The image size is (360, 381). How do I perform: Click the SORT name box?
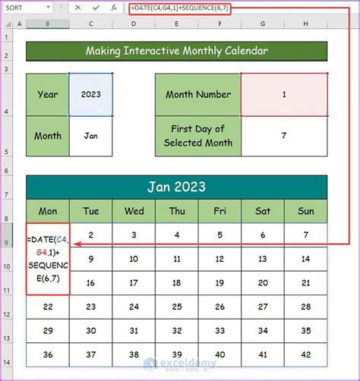pyautogui.click(x=23, y=8)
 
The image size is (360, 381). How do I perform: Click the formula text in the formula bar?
pyautogui.click(x=180, y=8)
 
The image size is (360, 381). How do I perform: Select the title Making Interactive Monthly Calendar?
pyautogui.click(x=176, y=52)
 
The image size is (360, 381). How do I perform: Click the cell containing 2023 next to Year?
pyautogui.click(x=91, y=94)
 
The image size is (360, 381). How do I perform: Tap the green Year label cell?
pyautogui.click(x=47, y=94)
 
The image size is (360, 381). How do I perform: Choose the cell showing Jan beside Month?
pyautogui.click(x=91, y=137)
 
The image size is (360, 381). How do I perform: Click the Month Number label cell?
pyautogui.click(x=198, y=94)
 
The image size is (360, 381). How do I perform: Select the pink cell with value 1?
pyautogui.click(x=284, y=94)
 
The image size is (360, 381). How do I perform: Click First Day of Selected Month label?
pyautogui.click(x=198, y=137)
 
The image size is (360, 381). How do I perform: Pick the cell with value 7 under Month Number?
pyautogui.click(x=284, y=137)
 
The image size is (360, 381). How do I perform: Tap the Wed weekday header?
pyautogui.click(x=134, y=211)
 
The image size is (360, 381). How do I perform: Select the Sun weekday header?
pyautogui.click(x=306, y=211)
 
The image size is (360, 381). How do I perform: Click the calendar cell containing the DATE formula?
pyautogui.click(x=47, y=257)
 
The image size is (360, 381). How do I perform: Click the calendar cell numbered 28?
pyautogui.click(x=306, y=307)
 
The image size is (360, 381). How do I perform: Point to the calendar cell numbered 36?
pyautogui.click(x=47, y=354)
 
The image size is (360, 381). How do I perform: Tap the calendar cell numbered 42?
pyautogui.click(x=306, y=354)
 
